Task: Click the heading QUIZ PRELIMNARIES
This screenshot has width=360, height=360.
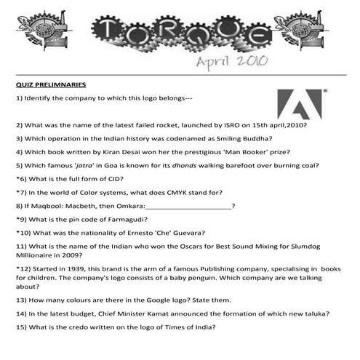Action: [x=51, y=84]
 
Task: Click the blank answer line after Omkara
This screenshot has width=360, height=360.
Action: [x=188, y=206]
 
